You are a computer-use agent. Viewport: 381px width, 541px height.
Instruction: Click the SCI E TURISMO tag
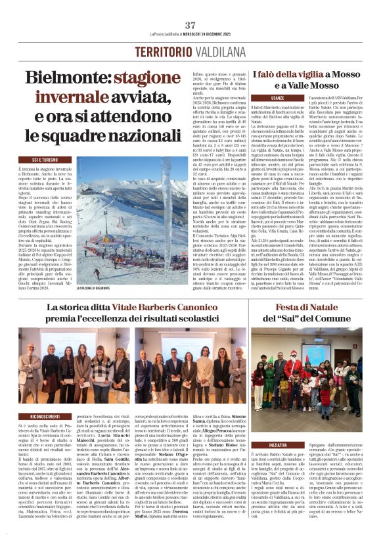[x=51, y=160]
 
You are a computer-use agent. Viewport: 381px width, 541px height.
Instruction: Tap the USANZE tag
[x=278, y=98]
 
